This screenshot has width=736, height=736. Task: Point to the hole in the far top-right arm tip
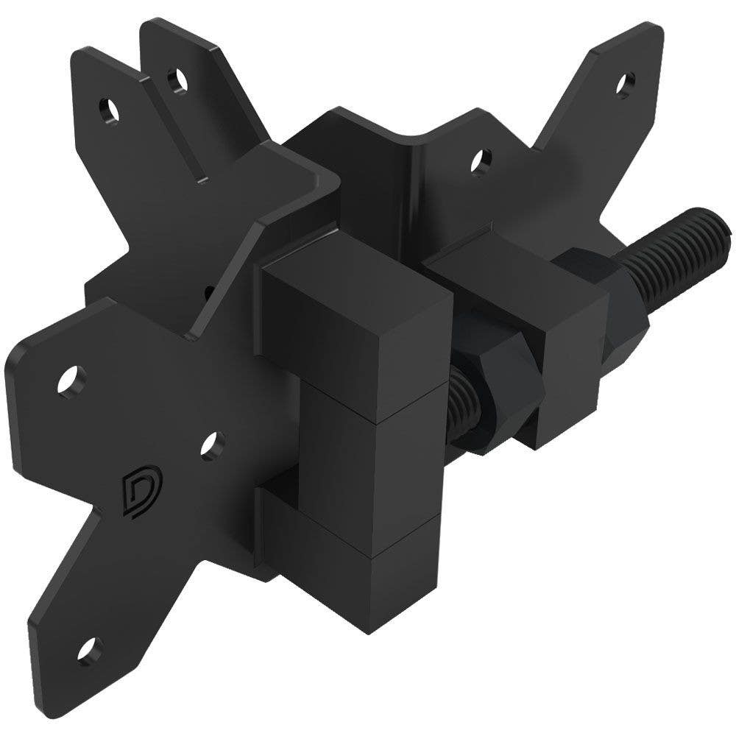[x=626, y=82]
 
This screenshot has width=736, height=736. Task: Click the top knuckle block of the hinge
[x=353, y=324]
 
